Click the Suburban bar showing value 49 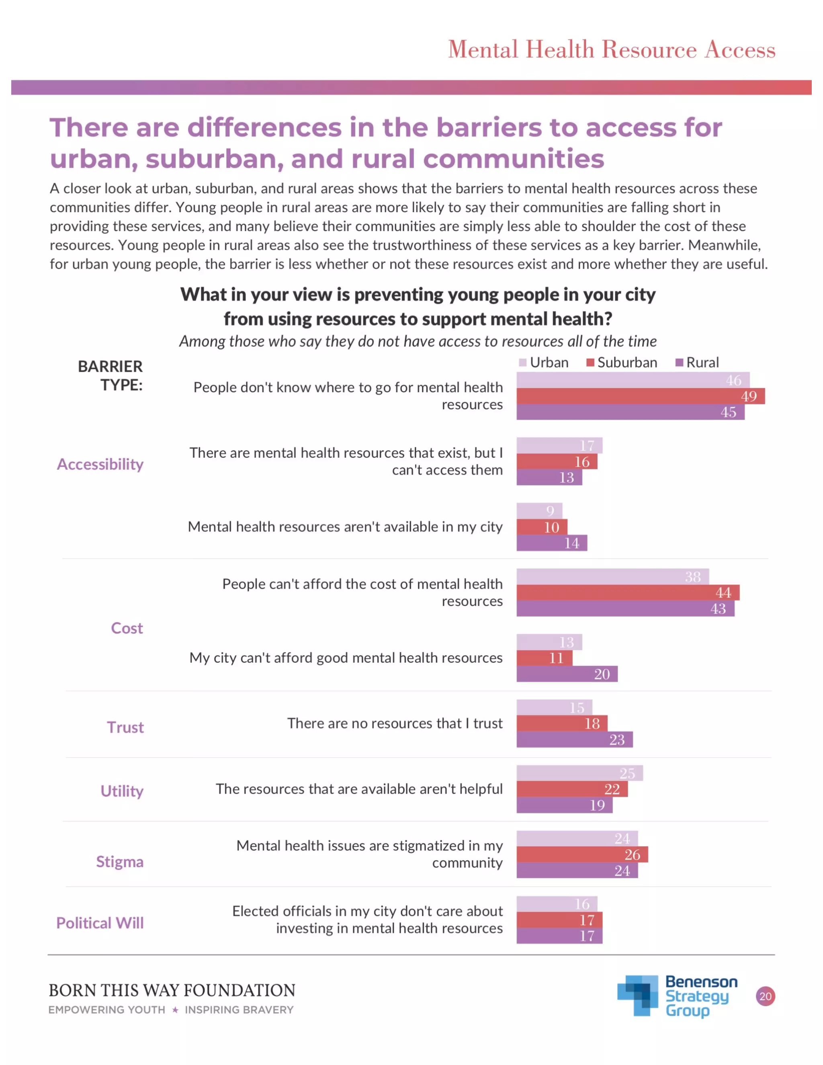point(640,396)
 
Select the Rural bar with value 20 point(567,674)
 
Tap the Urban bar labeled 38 point(612,576)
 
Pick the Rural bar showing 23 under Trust point(574,739)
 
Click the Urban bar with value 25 point(579,773)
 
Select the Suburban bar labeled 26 point(582,854)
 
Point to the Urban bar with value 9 point(539,510)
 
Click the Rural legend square point(679,363)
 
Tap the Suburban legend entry point(622,363)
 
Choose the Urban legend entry point(544,363)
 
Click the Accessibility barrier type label point(100,464)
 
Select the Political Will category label point(100,923)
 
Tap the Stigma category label point(119,861)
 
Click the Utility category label point(122,791)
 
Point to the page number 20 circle point(765,996)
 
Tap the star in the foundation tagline point(175,1010)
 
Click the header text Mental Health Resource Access point(611,49)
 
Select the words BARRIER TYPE point(111,375)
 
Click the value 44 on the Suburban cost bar point(723,592)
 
